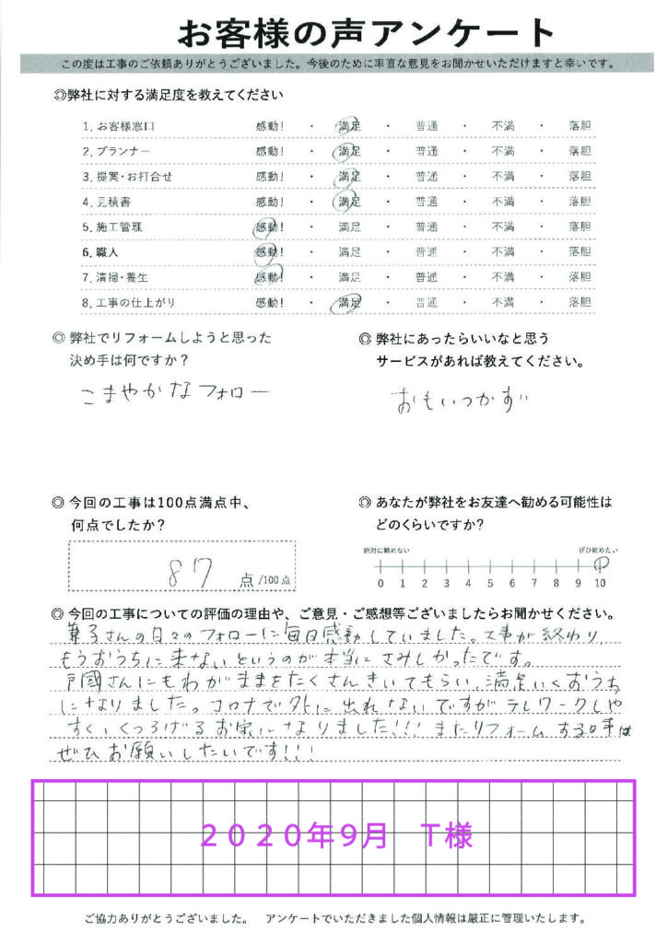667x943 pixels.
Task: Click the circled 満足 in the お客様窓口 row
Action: tap(349, 124)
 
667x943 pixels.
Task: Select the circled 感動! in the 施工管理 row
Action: tap(269, 226)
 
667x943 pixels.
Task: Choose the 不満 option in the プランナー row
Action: tap(502, 150)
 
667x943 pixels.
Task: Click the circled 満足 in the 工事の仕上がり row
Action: tap(349, 302)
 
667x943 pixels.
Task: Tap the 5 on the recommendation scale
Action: tap(490, 583)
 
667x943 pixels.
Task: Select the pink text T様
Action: tap(446, 836)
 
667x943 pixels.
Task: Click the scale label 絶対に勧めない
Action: tap(386, 549)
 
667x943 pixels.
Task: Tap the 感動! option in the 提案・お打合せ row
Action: tap(270, 175)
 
